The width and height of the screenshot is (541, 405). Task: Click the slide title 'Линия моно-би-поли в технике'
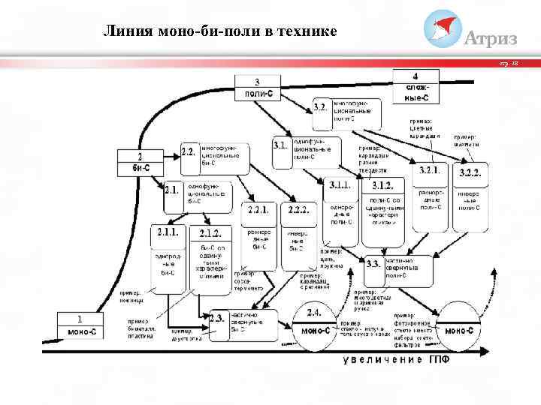[219, 31]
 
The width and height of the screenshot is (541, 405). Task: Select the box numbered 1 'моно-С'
[80, 324]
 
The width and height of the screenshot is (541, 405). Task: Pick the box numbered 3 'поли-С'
[257, 88]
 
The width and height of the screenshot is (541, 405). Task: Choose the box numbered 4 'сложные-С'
[416, 86]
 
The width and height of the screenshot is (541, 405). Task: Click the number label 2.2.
[189, 151]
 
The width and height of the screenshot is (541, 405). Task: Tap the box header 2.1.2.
[210, 234]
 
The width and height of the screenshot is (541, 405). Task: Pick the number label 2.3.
[218, 318]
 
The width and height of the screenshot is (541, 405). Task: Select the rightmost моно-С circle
[459, 327]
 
